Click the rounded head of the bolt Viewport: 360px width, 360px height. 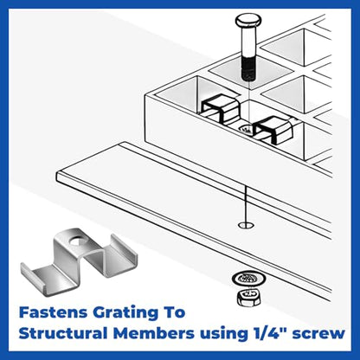click(248, 20)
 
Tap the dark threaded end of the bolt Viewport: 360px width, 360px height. click(248, 68)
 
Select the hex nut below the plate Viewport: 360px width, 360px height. click(248, 298)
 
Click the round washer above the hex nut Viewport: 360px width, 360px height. click(248, 279)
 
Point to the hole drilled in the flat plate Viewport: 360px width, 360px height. click(247, 225)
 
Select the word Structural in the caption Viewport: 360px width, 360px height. click(63, 333)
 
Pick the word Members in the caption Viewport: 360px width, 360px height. click(153, 333)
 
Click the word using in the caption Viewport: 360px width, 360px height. click(222, 335)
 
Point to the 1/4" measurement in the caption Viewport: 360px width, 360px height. click(267, 333)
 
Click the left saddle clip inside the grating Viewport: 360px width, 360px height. click(220, 109)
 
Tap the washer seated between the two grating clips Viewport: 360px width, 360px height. click(246, 129)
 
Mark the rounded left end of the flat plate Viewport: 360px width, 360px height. click(59, 175)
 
